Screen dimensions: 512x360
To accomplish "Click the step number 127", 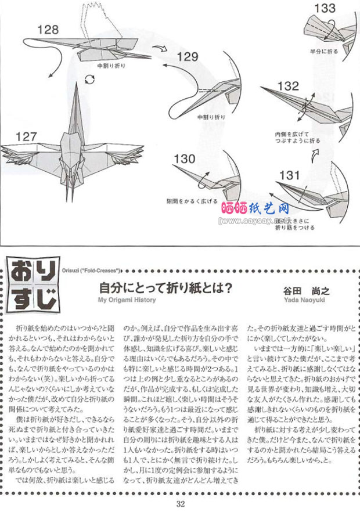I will (27, 137).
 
